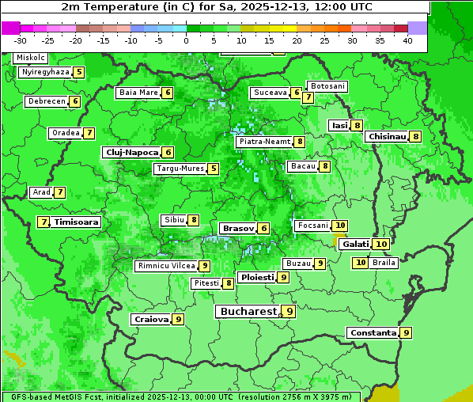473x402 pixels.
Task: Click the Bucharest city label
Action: coord(248,312)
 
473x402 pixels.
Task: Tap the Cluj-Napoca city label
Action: coord(131,152)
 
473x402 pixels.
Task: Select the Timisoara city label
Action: coord(77,222)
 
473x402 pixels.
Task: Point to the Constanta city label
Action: coord(372,333)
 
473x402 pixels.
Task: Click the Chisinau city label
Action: coord(387,136)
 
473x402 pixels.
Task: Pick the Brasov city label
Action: coord(237,228)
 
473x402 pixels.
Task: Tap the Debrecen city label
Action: coord(46,101)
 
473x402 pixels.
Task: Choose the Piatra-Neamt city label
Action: coord(264,142)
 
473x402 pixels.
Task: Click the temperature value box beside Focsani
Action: coord(340,226)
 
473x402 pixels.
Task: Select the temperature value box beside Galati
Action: coord(380,244)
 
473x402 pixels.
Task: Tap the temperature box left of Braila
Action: coord(361,263)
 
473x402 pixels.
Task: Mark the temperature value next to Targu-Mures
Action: coord(213,169)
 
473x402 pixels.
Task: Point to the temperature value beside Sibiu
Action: coord(193,219)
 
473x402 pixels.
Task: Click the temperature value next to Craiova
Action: coord(179,319)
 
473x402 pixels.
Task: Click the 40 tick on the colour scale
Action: coord(407,40)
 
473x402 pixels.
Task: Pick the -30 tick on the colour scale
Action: coord(21,40)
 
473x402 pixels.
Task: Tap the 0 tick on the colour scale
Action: coord(186,40)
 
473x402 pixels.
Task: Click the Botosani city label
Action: coord(327,86)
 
